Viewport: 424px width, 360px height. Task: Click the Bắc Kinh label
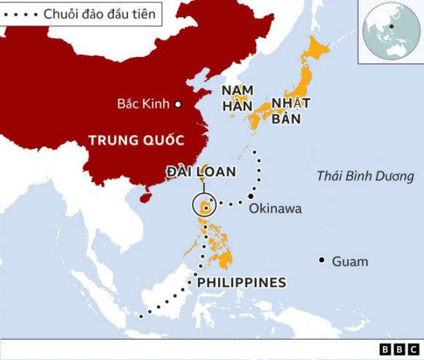point(143,104)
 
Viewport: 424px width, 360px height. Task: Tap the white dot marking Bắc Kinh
point(177,104)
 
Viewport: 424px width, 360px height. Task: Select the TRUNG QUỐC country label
point(135,139)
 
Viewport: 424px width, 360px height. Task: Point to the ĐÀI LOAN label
point(200,172)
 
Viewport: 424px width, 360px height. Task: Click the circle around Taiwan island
point(205,207)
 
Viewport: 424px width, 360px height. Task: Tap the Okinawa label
point(275,209)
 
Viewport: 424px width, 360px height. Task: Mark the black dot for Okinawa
point(251,196)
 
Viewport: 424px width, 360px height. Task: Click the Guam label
point(349,261)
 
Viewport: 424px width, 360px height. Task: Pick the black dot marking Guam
point(322,260)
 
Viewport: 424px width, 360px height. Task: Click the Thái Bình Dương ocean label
point(366,176)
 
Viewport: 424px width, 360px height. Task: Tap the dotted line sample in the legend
point(19,14)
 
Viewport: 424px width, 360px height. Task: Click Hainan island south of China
point(144,196)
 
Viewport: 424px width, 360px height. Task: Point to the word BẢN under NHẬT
point(287,118)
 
